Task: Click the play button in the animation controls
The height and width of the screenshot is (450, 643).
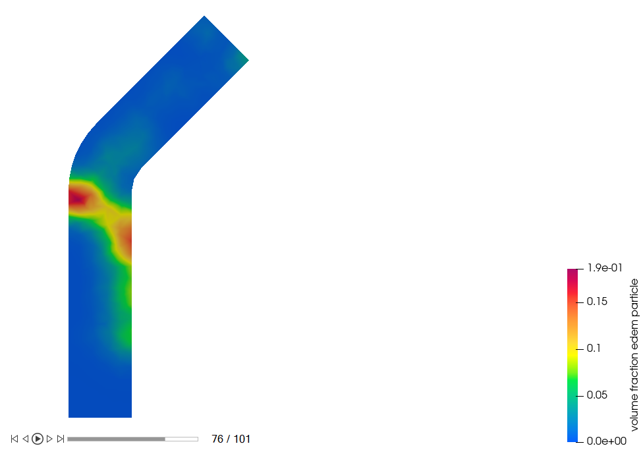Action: (38, 439)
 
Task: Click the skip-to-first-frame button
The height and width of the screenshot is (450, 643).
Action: (14, 439)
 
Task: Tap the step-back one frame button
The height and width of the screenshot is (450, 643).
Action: (26, 439)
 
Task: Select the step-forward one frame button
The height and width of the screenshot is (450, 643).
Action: (49, 439)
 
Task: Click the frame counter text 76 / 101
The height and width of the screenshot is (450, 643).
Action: (231, 439)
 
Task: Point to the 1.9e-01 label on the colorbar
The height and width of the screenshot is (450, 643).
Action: (605, 268)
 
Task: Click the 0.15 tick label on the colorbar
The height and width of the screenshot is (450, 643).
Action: (597, 302)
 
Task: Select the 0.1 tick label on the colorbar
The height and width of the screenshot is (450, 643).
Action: (594, 349)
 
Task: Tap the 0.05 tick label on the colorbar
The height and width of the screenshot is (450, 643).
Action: (597, 395)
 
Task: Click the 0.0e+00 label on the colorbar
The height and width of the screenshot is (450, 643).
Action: (607, 441)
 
